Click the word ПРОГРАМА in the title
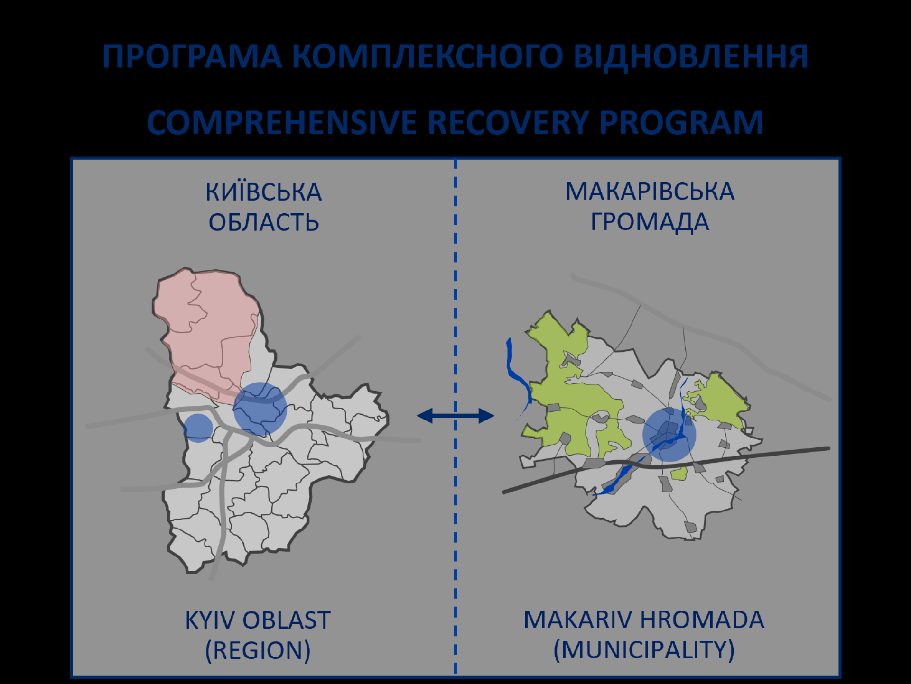(192, 57)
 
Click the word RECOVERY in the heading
(508, 123)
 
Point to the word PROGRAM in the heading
(681, 123)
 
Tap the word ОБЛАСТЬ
(263, 222)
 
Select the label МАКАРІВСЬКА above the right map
(650, 192)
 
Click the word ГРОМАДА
(650, 222)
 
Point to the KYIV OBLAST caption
(258, 620)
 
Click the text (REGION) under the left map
(258, 650)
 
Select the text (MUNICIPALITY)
(644, 650)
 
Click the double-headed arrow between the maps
(455, 416)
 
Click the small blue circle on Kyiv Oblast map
(198, 428)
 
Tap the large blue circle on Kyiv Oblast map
(260, 409)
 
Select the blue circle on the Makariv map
(669, 434)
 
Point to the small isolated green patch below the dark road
(679, 473)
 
